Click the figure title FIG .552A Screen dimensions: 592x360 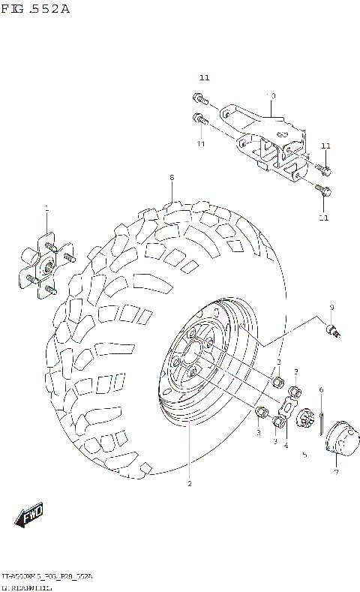coord(35,10)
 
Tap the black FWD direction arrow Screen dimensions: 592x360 coord(28,518)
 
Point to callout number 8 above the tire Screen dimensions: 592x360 coord(171,178)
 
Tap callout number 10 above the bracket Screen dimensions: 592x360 coord(272,96)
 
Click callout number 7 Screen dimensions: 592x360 coord(336,472)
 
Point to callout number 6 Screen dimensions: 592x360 coord(320,389)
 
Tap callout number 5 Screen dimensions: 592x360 coord(304,455)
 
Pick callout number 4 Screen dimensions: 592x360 coord(286,446)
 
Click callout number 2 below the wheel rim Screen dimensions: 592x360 coord(190,484)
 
